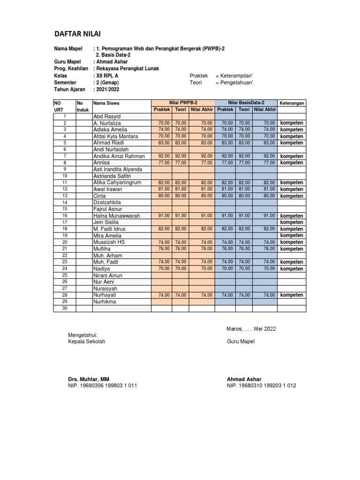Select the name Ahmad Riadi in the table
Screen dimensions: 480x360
(108, 143)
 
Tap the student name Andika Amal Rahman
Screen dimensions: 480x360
(119, 156)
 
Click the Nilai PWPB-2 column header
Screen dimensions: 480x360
(183, 102)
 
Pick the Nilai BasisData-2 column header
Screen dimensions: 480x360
(247, 102)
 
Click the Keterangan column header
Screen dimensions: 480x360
(292, 103)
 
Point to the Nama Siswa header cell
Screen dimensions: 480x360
(106, 103)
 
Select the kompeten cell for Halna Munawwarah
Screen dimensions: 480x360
(292, 216)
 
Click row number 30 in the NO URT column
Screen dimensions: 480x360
(65, 308)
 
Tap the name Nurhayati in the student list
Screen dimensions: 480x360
(105, 295)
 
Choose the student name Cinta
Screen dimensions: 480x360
(99, 196)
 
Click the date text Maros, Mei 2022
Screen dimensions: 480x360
(251, 329)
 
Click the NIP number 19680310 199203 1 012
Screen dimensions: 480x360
(261, 386)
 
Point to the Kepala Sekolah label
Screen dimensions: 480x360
(87, 342)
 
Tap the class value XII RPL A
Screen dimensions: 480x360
(107, 75)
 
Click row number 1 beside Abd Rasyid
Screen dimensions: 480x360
(65, 116)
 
